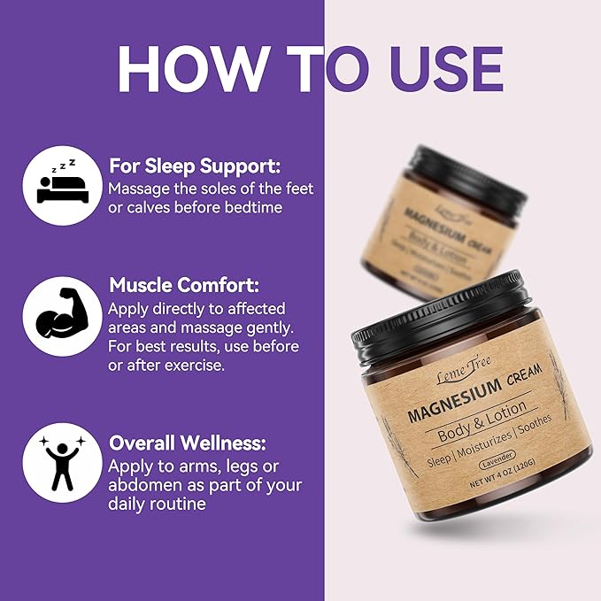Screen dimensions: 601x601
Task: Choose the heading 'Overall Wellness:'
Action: point(187,443)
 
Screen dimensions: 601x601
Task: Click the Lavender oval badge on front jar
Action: point(500,465)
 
